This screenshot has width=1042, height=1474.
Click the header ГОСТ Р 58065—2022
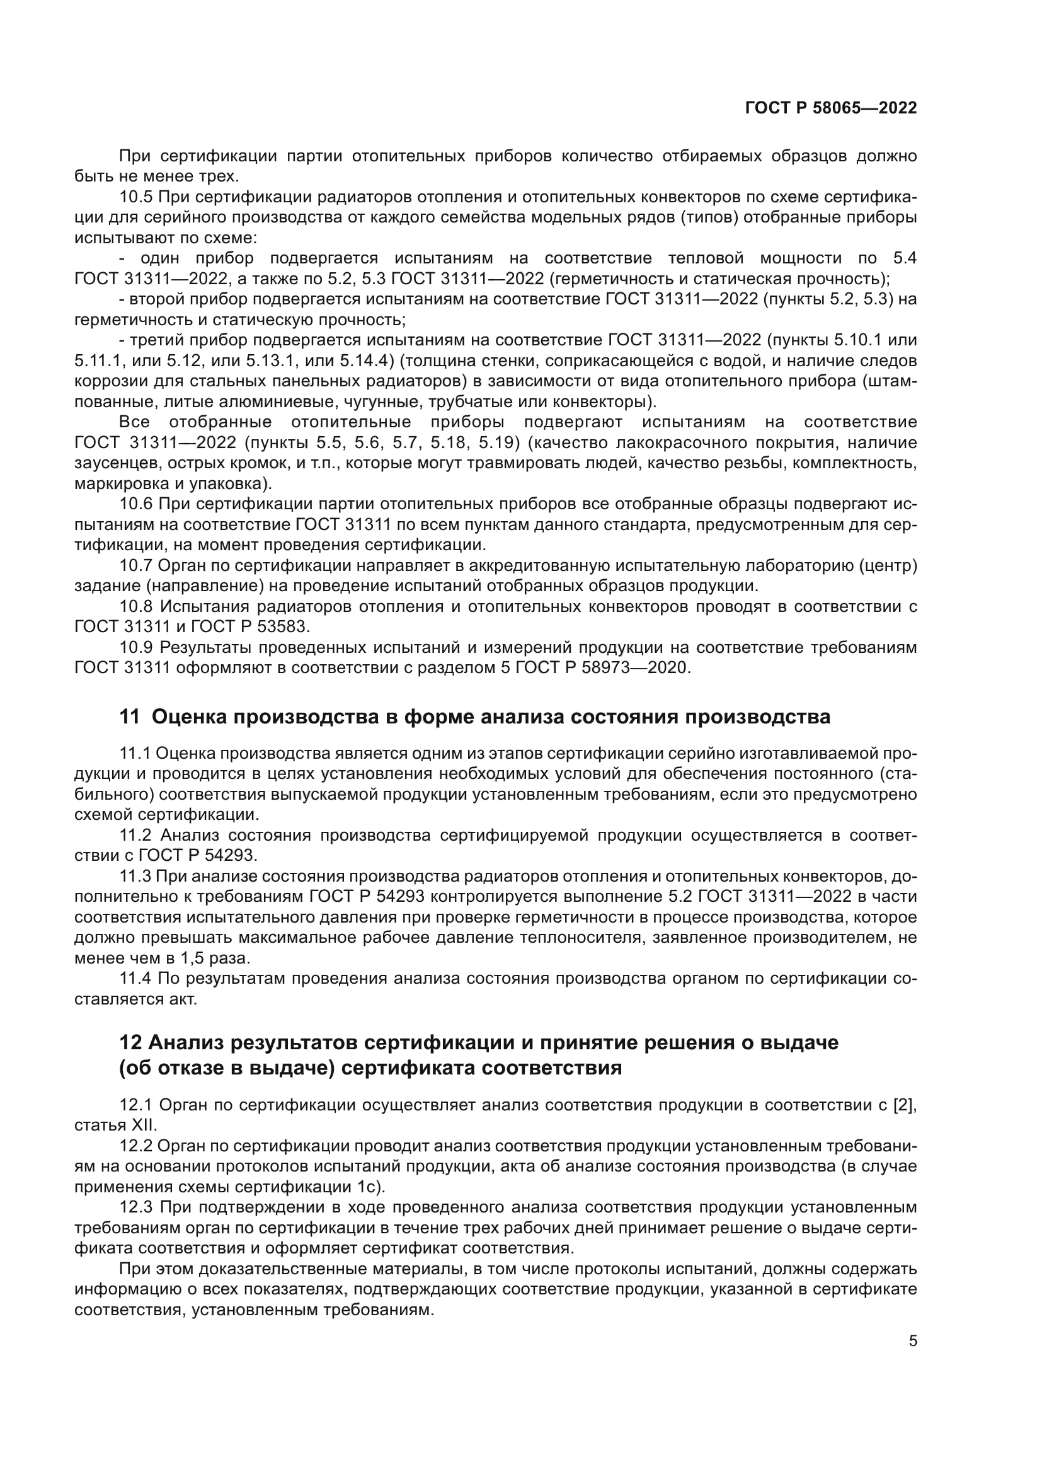pyautogui.click(x=830, y=108)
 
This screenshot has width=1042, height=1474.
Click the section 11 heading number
pyautogui.click(x=129, y=717)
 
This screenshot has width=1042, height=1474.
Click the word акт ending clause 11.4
pyautogui.click(x=183, y=999)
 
